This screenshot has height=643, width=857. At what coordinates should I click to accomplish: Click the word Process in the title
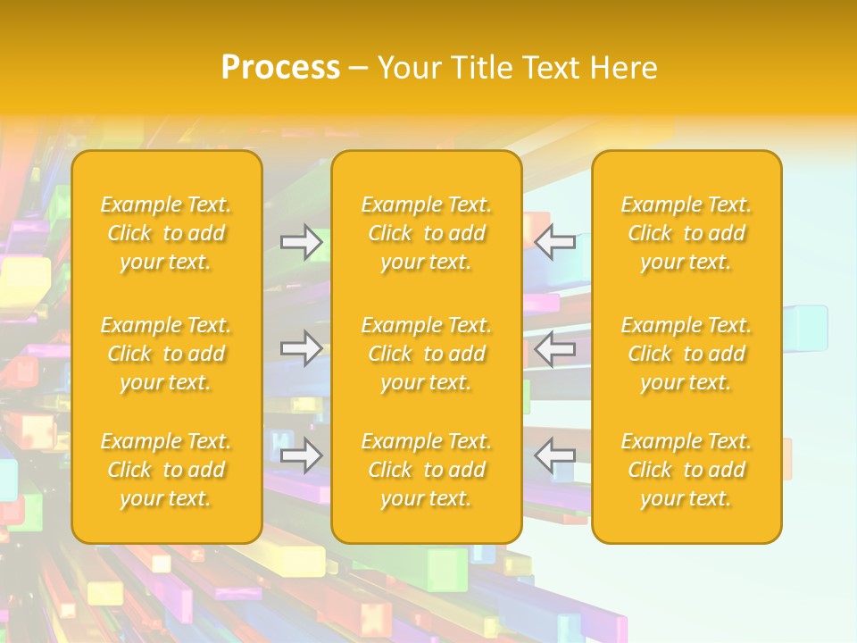point(280,68)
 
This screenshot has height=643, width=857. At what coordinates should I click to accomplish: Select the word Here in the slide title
point(623,68)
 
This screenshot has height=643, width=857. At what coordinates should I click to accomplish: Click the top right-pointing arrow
point(302,242)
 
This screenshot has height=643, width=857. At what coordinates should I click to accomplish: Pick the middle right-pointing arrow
point(302,348)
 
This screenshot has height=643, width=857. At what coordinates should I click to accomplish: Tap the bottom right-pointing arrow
point(302,455)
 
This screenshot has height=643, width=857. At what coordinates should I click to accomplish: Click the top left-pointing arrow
point(555,242)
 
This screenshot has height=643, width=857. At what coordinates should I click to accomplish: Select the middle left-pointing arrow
point(555,348)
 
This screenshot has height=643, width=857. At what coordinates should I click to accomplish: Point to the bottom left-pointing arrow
point(555,455)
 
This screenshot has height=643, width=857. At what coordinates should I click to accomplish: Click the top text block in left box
point(166,233)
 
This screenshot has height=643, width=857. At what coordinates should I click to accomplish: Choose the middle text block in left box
point(166,354)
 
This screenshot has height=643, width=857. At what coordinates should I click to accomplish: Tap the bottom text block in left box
point(166,470)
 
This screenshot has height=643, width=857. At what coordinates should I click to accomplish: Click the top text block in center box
point(427,233)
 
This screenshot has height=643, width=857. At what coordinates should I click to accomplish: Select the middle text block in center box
point(427,354)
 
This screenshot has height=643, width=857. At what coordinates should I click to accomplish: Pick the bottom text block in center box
point(427,470)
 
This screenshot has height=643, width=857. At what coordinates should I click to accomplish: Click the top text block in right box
point(686,233)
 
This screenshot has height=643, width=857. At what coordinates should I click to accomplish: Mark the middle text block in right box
point(686,354)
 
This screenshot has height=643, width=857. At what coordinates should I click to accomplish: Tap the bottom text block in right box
point(686,470)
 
